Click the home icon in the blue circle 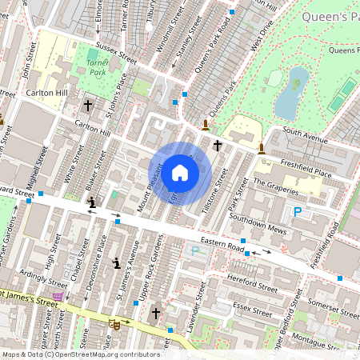pyautogui.click(x=180, y=172)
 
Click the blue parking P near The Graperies pyautogui.click(x=298, y=212)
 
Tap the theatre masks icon pyautogui.click(x=114, y=325)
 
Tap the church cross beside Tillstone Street pyautogui.click(x=218, y=145)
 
